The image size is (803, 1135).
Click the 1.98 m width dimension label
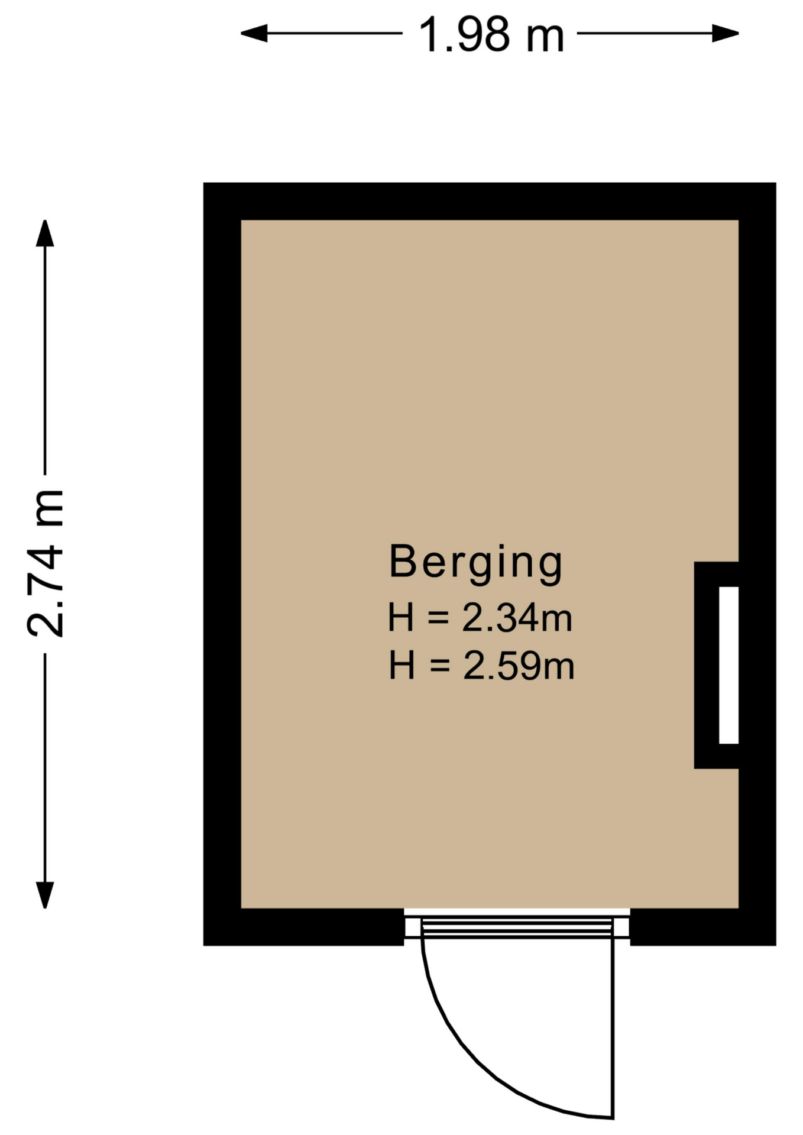[x=491, y=35]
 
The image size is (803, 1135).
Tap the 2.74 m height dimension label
[x=45, y=563]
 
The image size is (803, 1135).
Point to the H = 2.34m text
[x=480, y=618]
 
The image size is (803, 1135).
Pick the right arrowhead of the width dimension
[x=725, y=33]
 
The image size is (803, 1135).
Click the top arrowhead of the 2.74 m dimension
[x=45, y=233]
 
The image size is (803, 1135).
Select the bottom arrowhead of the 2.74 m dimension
[x=45, y=895]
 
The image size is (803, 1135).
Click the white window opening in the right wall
[x=728, y=665]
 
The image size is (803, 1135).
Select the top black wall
[x=490, y=201]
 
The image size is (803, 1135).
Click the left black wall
[x=222, y=564]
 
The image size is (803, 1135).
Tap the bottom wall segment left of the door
[x=304, y=927]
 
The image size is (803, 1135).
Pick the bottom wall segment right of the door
[x=703, y=927]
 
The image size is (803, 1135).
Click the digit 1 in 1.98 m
[x=428, y=35]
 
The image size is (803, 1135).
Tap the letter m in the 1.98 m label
[x=545, y=39]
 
